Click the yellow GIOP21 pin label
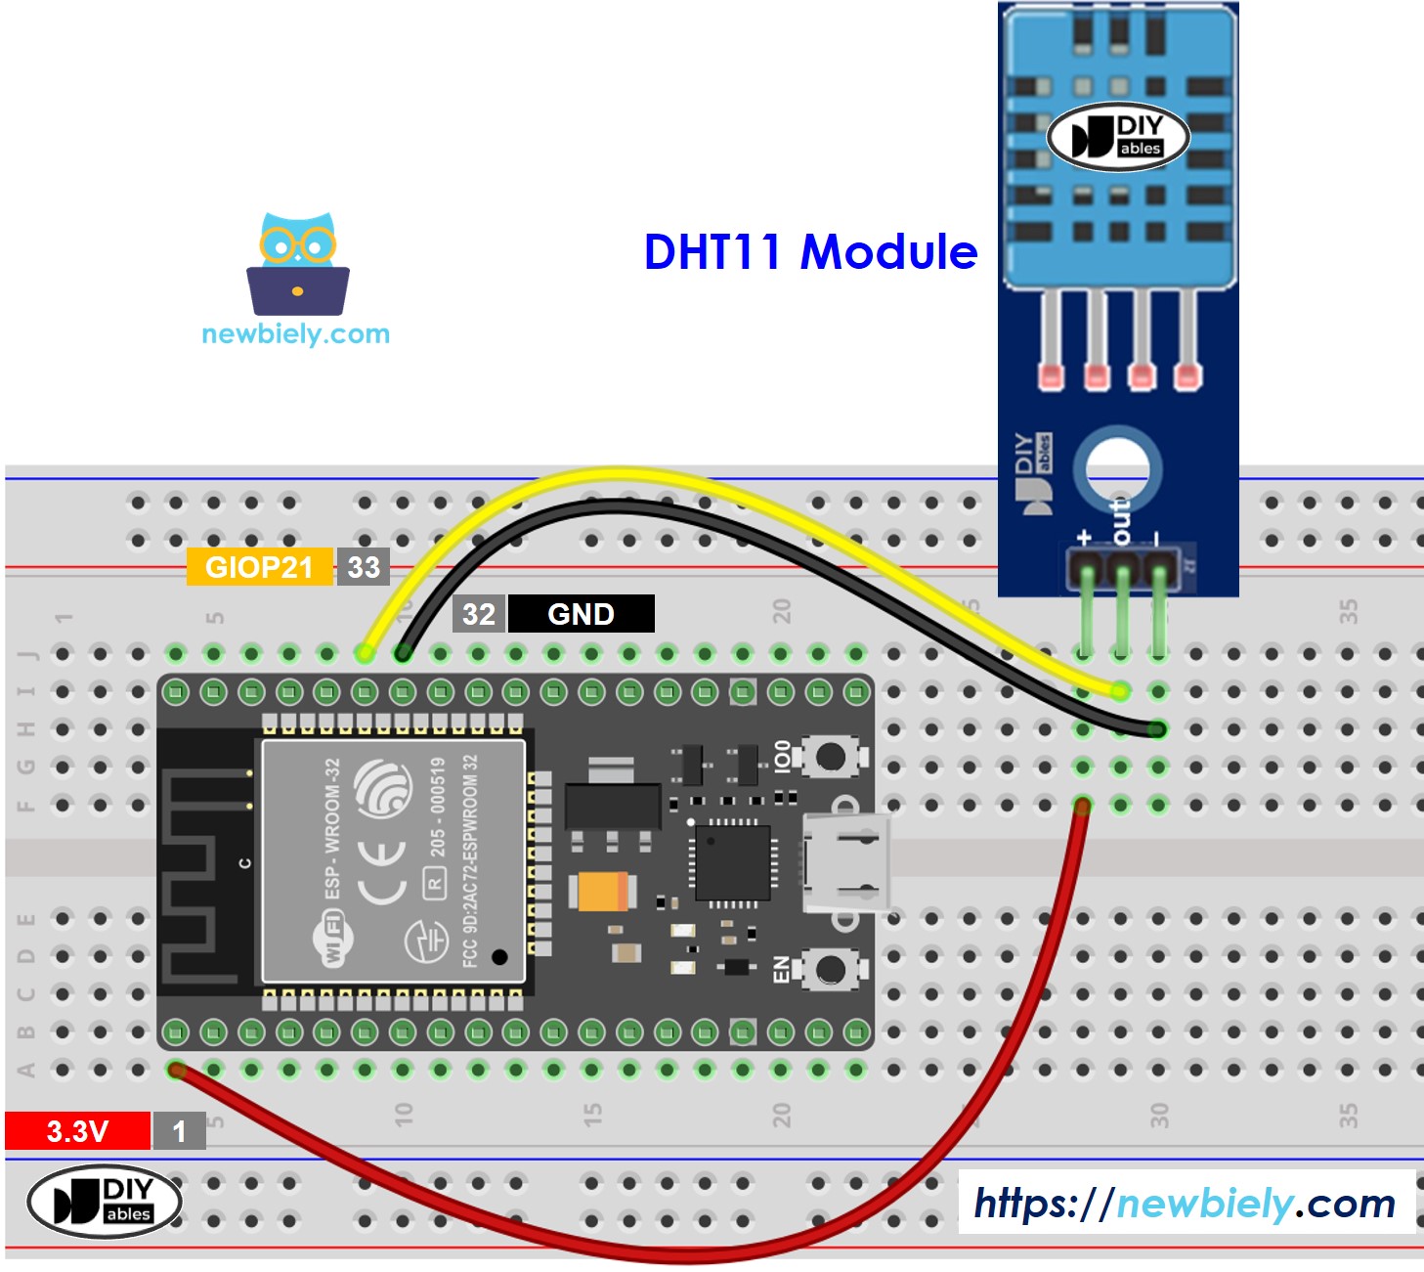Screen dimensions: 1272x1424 click(259, 567)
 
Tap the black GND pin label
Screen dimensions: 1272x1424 click(581, 614)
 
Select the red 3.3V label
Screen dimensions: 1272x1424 click(77, 1131)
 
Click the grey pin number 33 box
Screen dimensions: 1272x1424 click(364, 567)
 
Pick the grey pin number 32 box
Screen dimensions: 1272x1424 click(479, 614)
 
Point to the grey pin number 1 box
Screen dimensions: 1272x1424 click(179, 1131)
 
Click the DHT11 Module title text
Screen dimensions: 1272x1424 click(810, 252)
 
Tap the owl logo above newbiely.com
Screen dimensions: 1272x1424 click(298, 263)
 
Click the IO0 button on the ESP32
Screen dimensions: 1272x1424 click(831, 756)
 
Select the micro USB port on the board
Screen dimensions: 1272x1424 click(846, 863)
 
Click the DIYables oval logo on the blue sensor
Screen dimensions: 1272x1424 click(1118, 137)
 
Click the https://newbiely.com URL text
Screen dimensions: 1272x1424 click(1185, 1204)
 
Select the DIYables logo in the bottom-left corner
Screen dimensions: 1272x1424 click(105, 1201)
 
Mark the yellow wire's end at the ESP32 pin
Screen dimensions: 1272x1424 click(365, 652)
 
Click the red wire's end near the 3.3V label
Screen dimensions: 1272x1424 click(177, 1071)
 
